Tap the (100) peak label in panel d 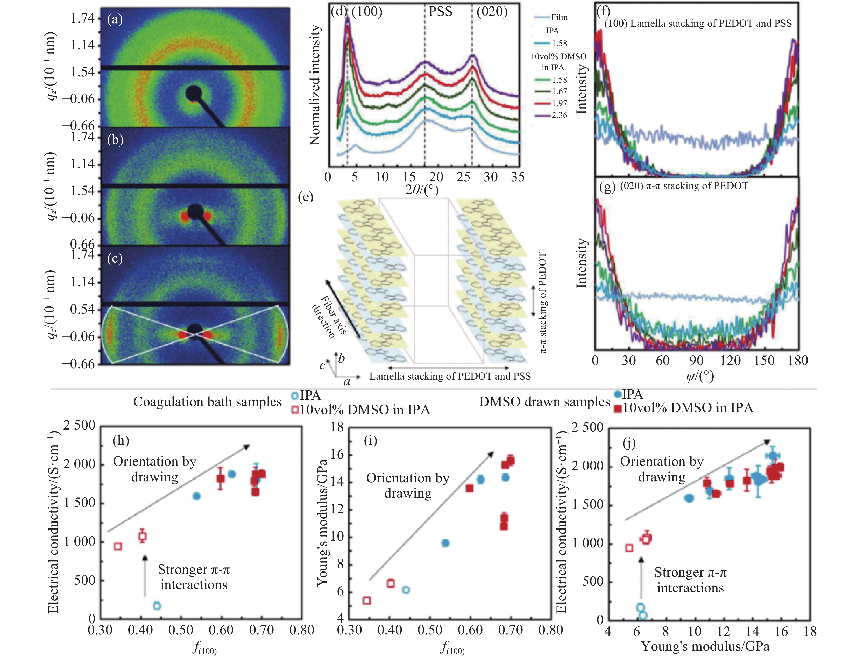pyautogui.click(x=366, y=12)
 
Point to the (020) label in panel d pyautogui.click(x=492, y=12)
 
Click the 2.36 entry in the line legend pyautogui.click(x=559, y=115)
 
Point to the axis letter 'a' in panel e pyautogui.click(x=347, y=381)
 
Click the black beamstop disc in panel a pyautogui.click(x=194, y=93)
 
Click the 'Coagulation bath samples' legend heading pyautogui.click(x=207, y=402)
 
